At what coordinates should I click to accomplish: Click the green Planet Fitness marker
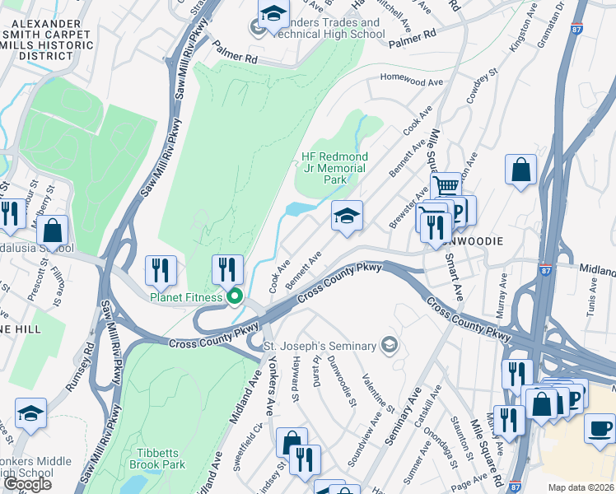(x=235, y=296)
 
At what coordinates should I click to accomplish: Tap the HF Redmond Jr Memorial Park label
(x=334, y=168)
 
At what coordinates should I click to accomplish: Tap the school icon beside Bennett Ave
(x=347, y=216)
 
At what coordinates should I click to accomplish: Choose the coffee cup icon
(x=599, y=428)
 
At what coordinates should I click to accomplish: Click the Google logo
(x=28, y=484)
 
